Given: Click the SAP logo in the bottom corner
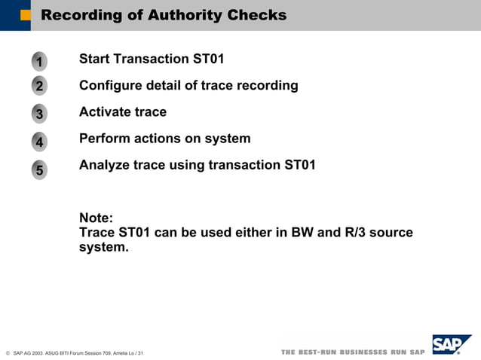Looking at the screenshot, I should [451, 346].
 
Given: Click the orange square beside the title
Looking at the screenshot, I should [26, 15].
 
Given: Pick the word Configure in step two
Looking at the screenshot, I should [111, 85].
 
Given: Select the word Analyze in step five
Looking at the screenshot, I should [104, 165].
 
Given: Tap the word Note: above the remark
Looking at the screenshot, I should [97, 218].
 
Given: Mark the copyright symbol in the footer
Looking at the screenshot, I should [7, 352].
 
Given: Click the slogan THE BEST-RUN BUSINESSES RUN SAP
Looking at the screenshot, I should [353, 352].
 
